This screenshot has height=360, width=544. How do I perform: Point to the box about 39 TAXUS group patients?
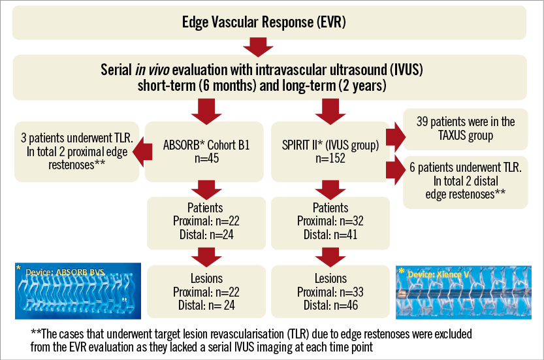(x=465, y=128)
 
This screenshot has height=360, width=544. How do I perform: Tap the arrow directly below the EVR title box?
(x=256, y=47)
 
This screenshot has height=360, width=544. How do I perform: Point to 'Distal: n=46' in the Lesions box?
(x=330, y=304)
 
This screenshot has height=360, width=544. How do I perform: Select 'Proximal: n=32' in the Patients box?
(x=330, y=221)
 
